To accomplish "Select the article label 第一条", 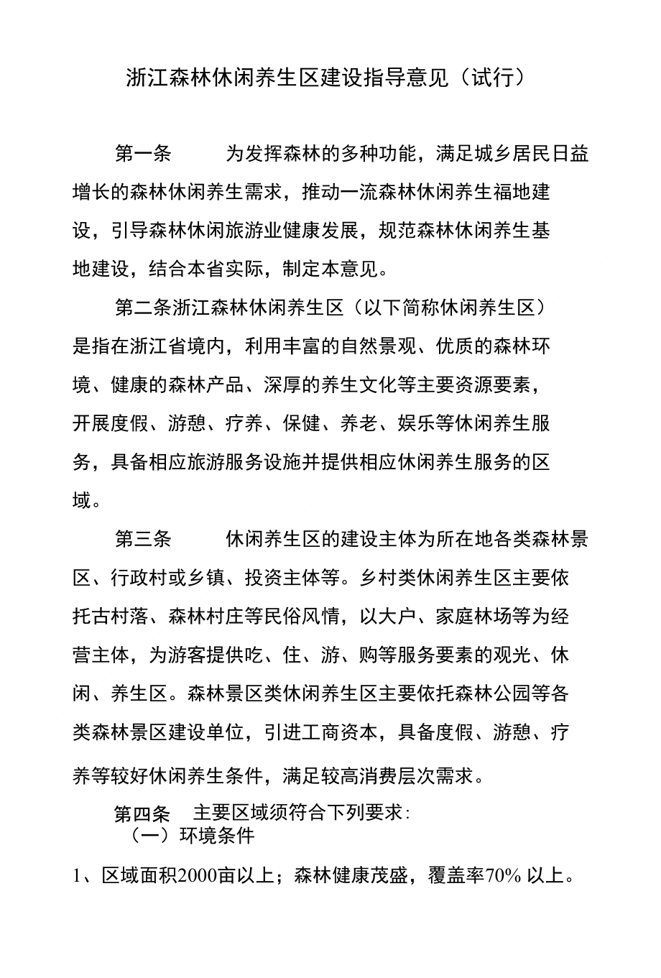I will (x=143, y=154).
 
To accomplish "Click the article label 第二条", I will (x=143, y=308).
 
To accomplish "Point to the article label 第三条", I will (x=143, y=539).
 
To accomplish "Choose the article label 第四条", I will (x=142, y=814).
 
